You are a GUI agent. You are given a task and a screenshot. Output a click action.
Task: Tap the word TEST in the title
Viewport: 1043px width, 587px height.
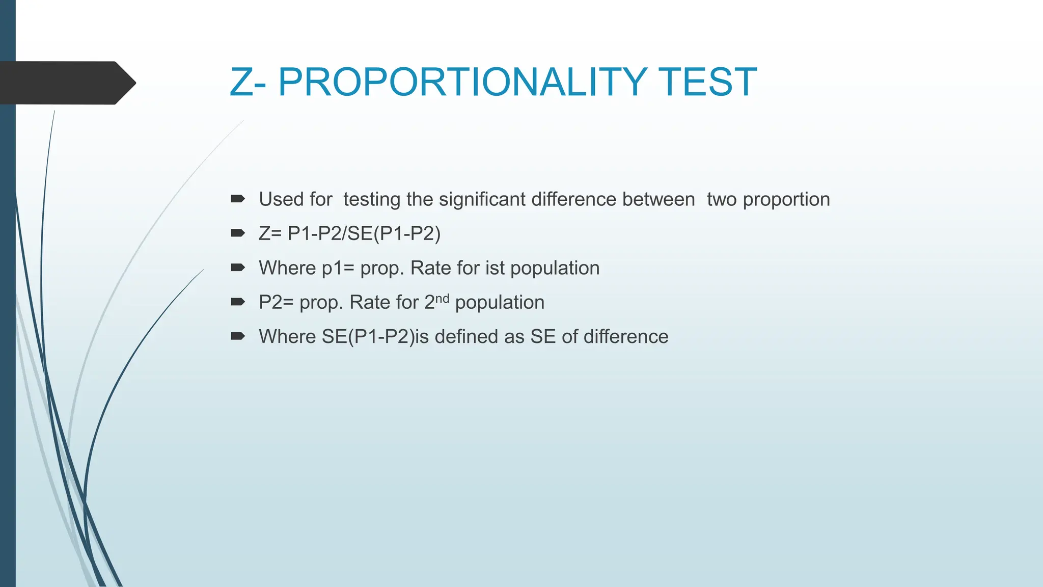707,82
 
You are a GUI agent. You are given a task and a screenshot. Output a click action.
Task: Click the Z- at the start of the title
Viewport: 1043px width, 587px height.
248,82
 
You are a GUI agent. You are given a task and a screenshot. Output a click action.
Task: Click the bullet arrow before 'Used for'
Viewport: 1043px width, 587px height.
238,199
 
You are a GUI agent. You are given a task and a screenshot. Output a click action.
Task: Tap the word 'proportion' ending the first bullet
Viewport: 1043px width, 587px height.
786,199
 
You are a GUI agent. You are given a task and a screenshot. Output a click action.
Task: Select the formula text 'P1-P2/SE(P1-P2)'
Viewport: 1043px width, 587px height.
364,233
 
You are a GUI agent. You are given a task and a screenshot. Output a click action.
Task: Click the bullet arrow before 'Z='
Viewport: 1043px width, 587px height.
238,233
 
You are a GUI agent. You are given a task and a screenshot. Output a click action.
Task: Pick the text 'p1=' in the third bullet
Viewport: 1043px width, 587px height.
338,268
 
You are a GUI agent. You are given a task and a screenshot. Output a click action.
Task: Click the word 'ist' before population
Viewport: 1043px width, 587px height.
495,268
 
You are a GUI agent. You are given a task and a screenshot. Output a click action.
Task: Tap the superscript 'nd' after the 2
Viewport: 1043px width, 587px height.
442,298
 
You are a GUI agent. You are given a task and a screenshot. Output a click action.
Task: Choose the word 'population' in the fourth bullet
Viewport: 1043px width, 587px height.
500,303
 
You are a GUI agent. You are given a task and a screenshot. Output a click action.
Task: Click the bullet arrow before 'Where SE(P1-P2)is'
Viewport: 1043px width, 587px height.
238,336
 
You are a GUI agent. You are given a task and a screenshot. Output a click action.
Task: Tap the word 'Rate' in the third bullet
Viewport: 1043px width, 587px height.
430,268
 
